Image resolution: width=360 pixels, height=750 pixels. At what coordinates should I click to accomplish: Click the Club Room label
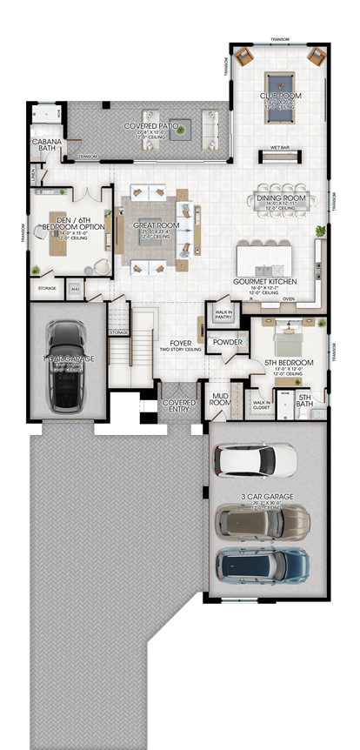pos(280,96)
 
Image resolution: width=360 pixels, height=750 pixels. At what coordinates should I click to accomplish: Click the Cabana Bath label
pos(45,145)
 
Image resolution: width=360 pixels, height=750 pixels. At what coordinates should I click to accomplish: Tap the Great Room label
pos(156,225)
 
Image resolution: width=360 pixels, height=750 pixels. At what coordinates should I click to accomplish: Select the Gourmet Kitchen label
pos(266,282)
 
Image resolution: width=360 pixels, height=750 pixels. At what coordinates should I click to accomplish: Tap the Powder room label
pos(227,342)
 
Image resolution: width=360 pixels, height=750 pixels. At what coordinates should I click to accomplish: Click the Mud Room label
pos(220,400)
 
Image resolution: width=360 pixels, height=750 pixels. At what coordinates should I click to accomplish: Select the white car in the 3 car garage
pos(258,459)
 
